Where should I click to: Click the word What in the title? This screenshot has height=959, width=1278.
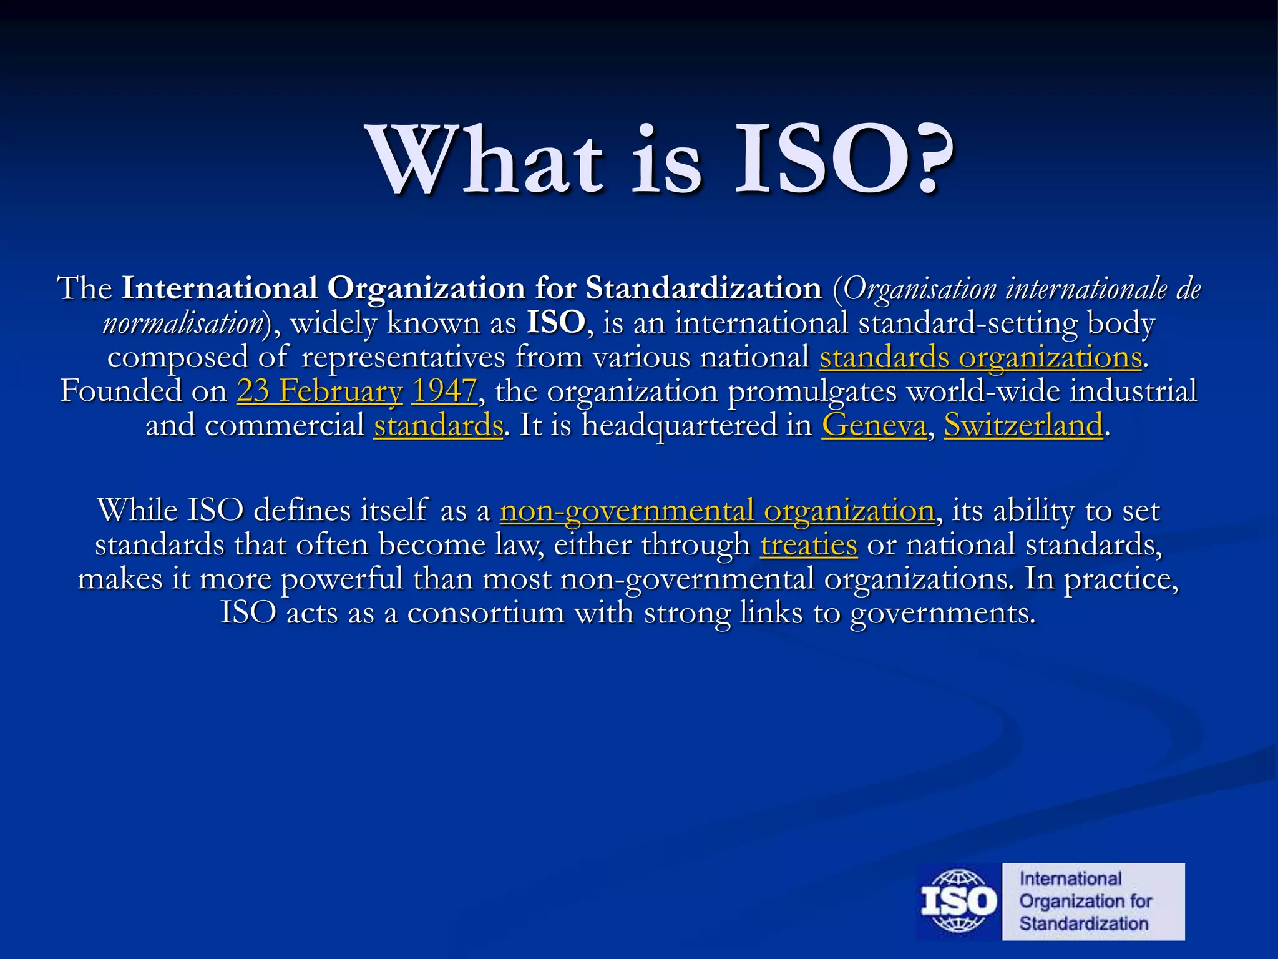(x=487, y=161)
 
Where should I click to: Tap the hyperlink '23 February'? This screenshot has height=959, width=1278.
(x=319, y=392)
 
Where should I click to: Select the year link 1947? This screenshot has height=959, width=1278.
(x=444, y=392)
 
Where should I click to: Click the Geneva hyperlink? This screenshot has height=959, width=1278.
(x=874, y=426)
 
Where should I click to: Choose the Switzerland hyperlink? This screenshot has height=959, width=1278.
(x=1023, y=426)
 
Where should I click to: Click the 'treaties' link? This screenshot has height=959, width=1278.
(x=809, y=545)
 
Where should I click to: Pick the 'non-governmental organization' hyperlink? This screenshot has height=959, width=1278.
(x=717, y=511)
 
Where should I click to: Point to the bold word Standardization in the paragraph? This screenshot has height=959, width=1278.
(x=703, y=289)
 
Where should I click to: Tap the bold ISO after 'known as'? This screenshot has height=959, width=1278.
(x=556, y=323)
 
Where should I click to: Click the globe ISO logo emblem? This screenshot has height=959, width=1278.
(x=958, y=902)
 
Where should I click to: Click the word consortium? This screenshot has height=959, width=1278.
(x=485, y=613)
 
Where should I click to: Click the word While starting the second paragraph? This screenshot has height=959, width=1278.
(x=137, y=511)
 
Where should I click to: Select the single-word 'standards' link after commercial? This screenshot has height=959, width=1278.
(x=438, y=426)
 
